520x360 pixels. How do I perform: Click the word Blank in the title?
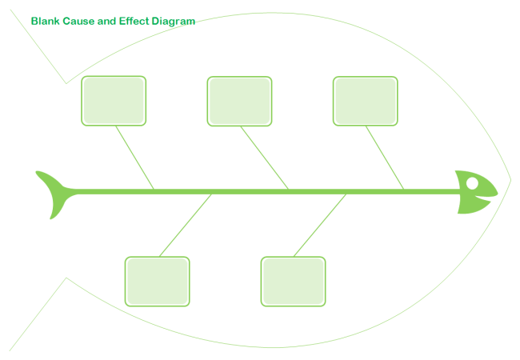(45, 21)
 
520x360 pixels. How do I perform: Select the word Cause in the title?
(78, 21)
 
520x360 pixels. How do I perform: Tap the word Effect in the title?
(134, 21)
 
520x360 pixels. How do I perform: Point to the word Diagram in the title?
(174, 22)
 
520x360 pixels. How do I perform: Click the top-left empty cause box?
(114, 101)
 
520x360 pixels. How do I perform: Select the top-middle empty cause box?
(239, 101)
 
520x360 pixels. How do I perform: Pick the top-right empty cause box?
(366, 101)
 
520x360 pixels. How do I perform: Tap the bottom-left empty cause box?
(157, 282)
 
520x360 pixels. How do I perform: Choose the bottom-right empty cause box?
(293, 282)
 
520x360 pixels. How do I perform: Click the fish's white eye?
(472, 183)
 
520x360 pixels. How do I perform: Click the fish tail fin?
(54, 194)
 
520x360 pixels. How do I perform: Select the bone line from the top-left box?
(134, 158)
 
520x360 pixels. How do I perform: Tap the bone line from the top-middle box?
(265, 158)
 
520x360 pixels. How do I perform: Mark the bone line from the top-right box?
(385, 158)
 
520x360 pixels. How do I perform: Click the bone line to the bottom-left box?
(186, 226)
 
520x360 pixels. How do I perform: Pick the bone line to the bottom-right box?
(320, 226)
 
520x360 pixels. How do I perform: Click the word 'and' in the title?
(106, 21)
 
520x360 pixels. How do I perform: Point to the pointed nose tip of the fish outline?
(511, 180)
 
